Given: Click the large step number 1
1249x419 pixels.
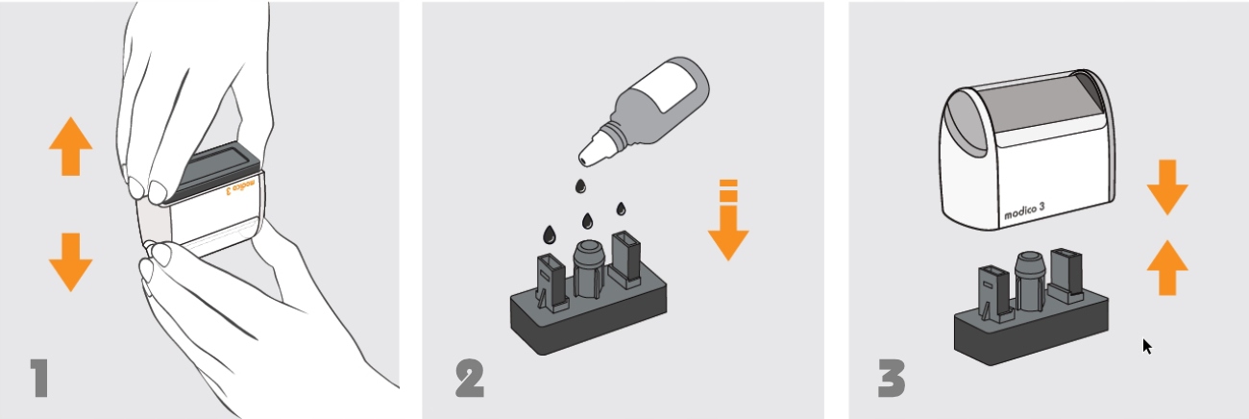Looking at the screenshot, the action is (x=40, y=379).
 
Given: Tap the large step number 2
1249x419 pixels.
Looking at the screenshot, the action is (x=470, y=379).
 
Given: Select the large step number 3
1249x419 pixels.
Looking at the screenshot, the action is (x=892, y=379).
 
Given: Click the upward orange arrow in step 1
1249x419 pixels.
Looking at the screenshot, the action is (x=71, y=146).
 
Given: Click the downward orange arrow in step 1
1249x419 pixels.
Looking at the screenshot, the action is (x=71, y=262).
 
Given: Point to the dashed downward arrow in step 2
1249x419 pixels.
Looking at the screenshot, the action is (x=728, y=220).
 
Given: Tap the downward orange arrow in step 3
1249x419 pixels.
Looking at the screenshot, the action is (x=1167, y=187).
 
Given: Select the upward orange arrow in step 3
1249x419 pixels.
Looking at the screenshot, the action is (x=1167, y=268).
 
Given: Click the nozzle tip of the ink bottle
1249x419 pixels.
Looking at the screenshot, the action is (x=583, y=160).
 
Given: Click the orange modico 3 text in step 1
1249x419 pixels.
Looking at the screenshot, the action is (x=241, y=186).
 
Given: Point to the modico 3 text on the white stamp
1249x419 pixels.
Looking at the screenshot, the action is (x=1024, y=210).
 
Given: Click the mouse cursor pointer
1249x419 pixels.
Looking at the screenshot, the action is (x=1146, y=346).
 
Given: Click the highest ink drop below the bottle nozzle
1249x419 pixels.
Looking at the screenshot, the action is (x=580, y=186).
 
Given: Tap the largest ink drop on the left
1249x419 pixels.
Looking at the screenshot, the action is (x=550, y=234).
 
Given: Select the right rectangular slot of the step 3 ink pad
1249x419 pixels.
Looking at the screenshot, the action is (x=1066, y=275).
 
